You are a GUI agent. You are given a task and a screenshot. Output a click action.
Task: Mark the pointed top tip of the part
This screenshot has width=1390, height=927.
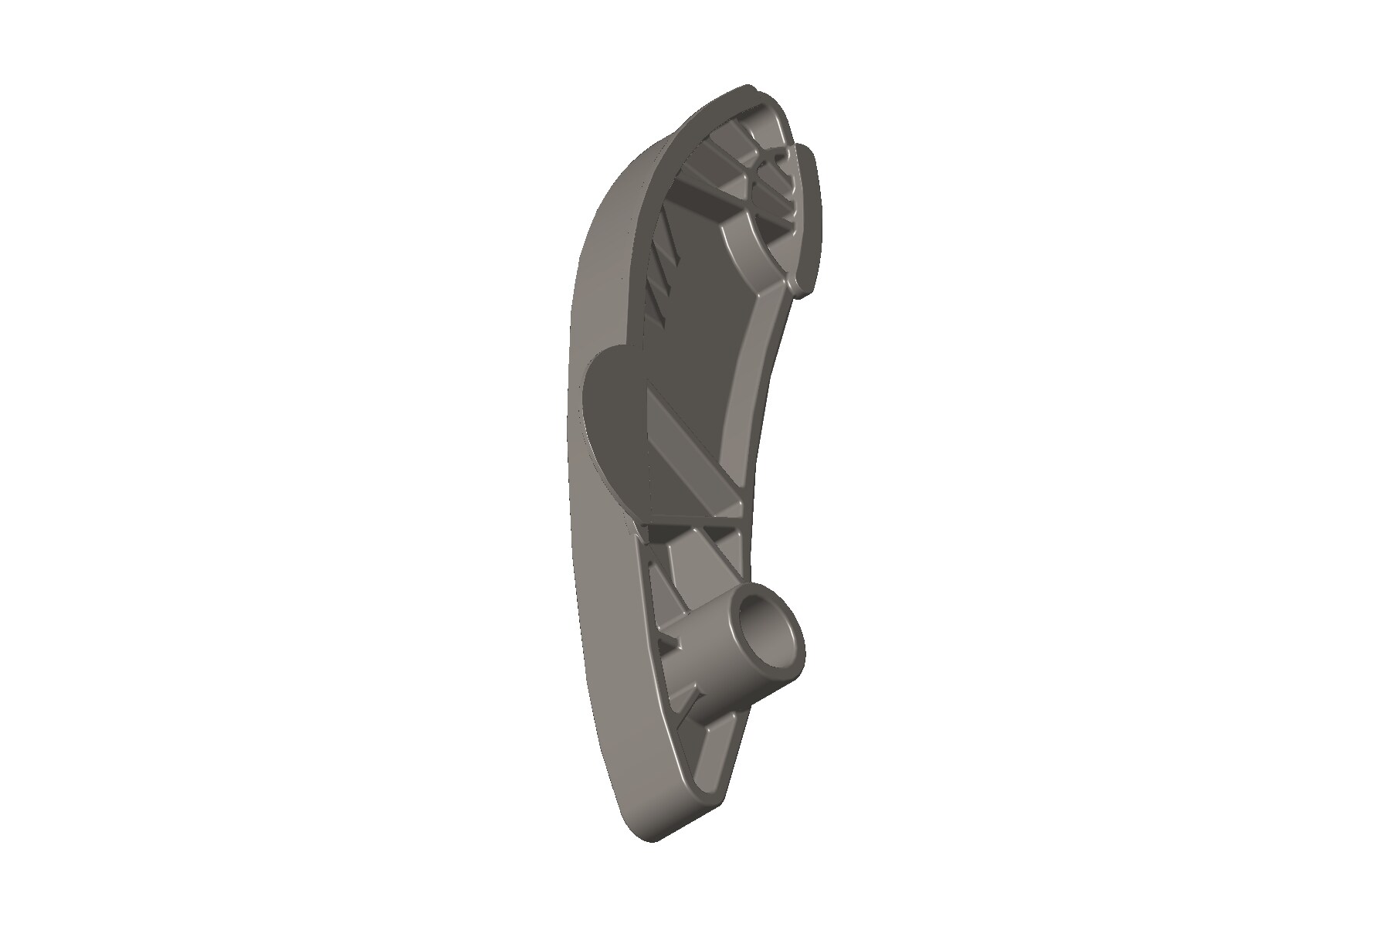(746, 87)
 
